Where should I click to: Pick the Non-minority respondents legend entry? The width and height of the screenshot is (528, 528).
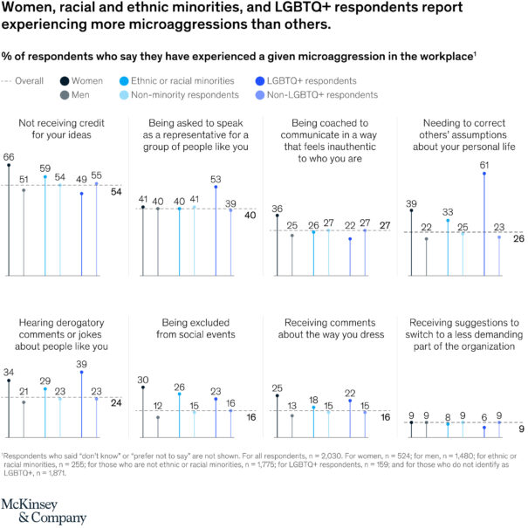[192, 93]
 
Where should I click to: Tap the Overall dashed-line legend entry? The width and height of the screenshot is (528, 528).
[27, 79]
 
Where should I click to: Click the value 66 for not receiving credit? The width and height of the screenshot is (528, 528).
[9, 157]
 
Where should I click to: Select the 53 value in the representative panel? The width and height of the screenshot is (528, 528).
[215, 178]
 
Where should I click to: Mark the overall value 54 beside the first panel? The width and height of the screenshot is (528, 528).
[115, 191]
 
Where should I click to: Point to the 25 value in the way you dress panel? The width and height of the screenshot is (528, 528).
[277, 387]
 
